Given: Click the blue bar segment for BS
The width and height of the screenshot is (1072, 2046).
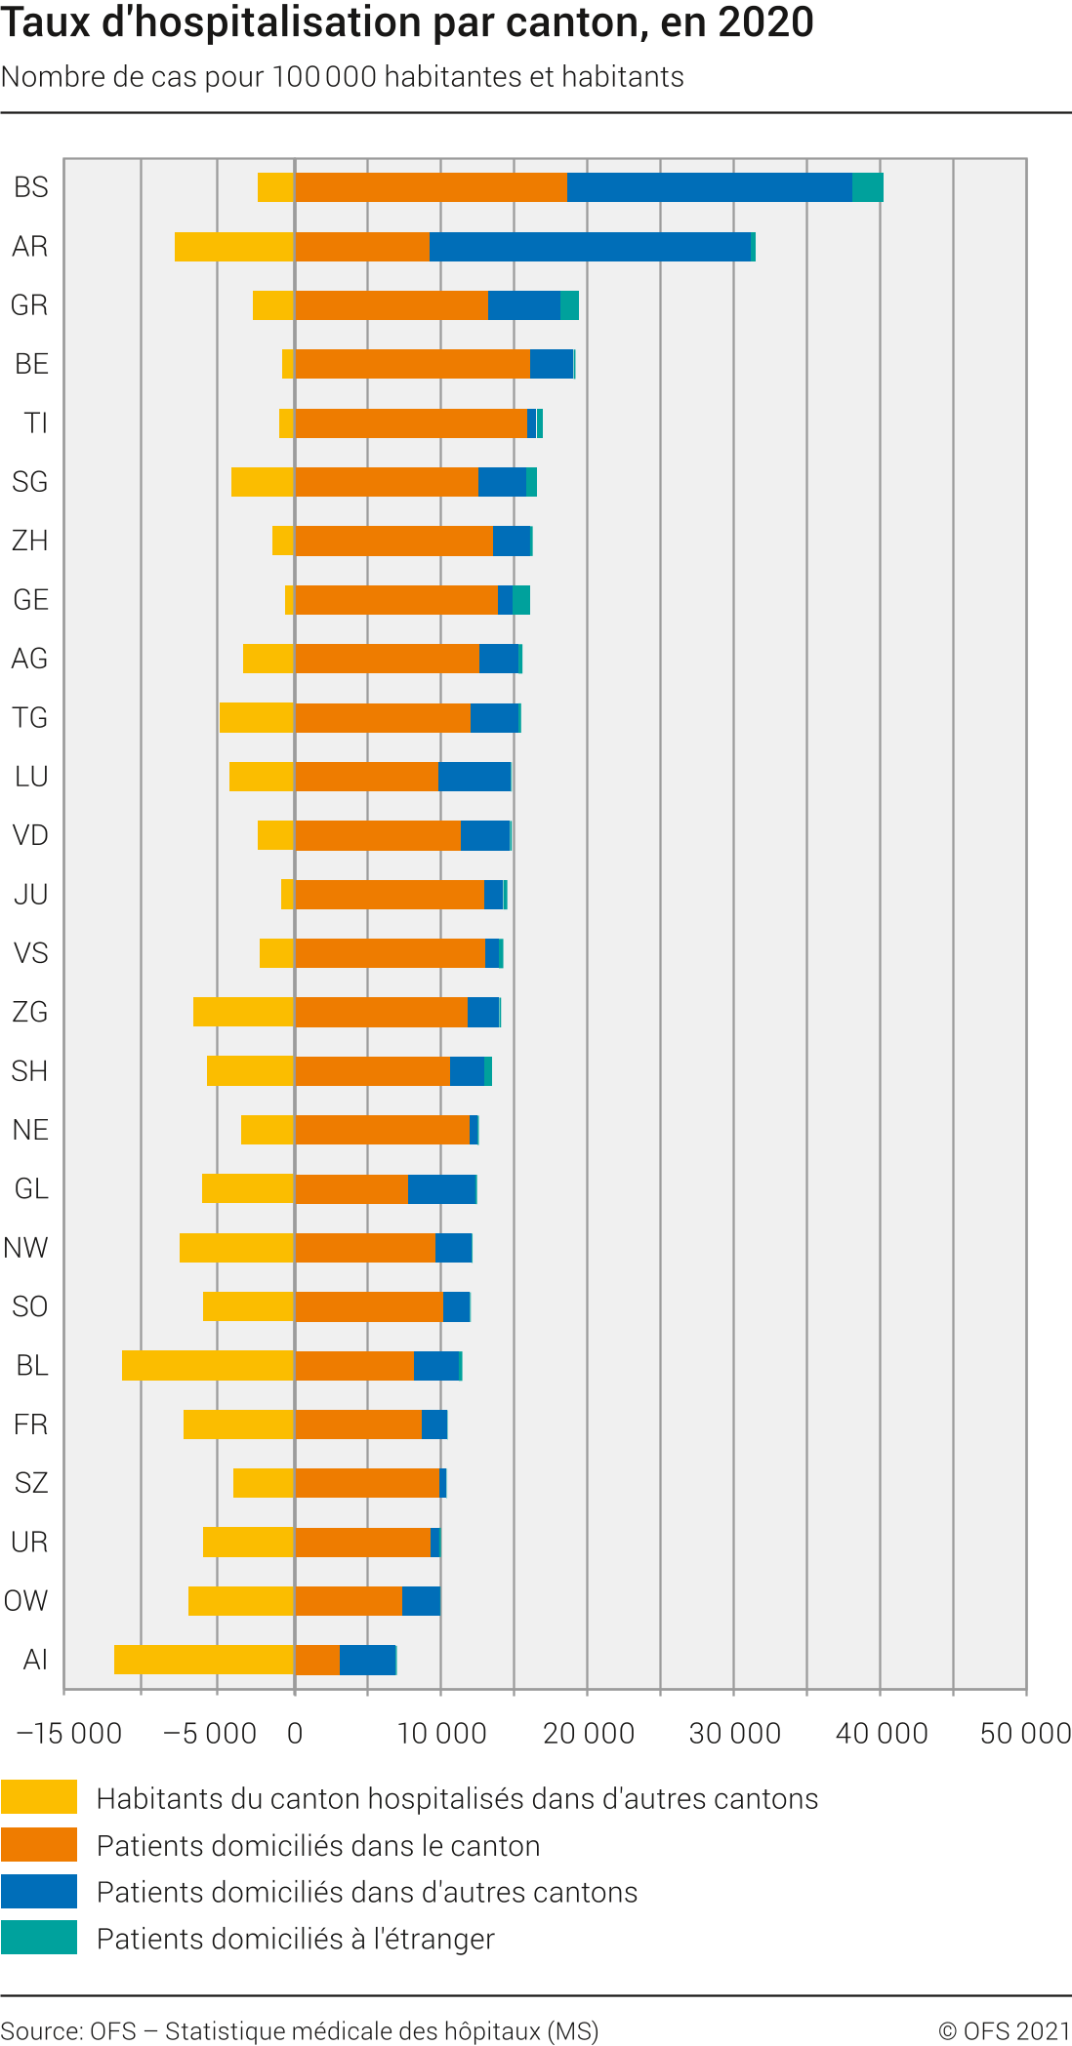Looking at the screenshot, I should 710,187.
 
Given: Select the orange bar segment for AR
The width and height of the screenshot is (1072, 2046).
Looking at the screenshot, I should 362,247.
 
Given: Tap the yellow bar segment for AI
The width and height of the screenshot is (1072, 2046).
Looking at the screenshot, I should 204,1660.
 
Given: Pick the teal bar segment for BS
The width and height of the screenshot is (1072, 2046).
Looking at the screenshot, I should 868,187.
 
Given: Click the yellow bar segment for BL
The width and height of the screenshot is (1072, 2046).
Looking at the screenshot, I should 208,1366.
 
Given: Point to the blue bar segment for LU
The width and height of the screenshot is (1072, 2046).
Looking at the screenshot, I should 474,777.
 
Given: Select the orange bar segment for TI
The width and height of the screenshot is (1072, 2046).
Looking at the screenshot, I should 411,423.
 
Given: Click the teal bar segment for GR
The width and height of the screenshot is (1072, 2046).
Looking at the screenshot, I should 569,305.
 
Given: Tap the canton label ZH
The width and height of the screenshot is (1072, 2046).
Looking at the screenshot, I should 30,541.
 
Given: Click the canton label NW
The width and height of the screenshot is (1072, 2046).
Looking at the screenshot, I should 26,1248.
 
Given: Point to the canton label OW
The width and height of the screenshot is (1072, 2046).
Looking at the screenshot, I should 26,1601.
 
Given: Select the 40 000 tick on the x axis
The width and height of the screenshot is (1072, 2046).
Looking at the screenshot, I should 881,1734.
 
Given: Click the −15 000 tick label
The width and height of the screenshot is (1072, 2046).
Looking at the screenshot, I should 69,1734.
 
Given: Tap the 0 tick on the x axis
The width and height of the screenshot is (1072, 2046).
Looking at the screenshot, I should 295,1734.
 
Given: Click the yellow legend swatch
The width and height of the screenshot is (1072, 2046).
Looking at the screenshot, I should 39,1796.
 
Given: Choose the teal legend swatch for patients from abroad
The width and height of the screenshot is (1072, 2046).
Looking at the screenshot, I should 39,1938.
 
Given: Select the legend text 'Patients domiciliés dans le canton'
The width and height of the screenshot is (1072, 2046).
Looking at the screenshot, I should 318,1846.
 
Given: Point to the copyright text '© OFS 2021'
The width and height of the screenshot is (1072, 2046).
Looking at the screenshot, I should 1005,2031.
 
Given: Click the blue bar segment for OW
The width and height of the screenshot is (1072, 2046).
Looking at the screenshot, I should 421,1601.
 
